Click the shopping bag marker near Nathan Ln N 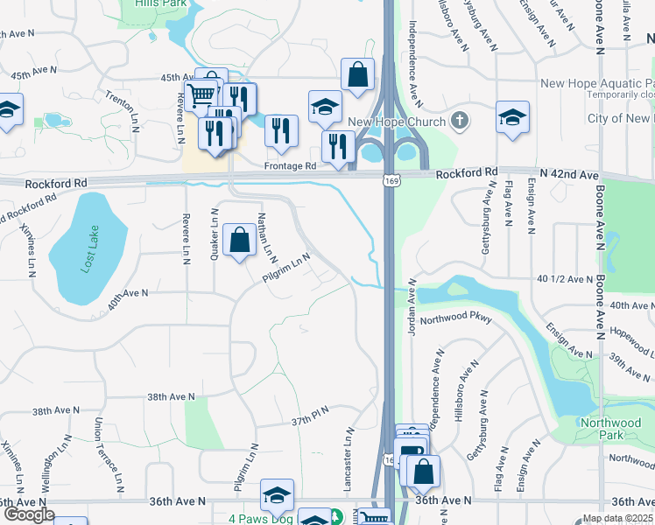pyautogui.click(x=239, y=239)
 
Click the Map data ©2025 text pyautogui.click(x=616, y=518)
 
